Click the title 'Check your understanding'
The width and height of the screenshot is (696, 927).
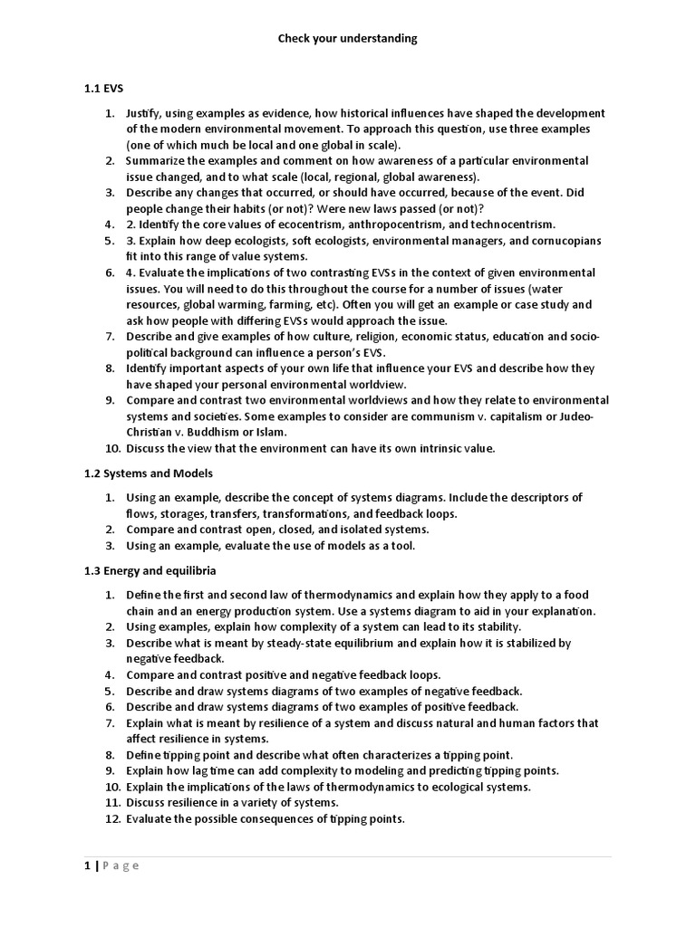347,39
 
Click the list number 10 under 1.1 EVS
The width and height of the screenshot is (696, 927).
111,448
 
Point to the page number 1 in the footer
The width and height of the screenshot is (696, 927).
87,865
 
